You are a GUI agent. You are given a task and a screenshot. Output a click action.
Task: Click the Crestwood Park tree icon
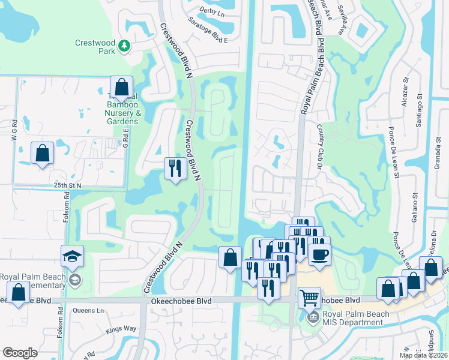pos(124,46)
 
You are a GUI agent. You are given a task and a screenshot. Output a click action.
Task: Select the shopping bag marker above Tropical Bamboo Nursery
pos(121,88)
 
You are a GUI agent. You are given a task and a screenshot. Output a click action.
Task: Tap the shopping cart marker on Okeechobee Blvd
pos(309,297)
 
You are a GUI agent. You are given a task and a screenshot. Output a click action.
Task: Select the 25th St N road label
pos(67,186)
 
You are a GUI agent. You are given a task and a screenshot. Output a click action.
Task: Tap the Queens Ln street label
pos(88,311)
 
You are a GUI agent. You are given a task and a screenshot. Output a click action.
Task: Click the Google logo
pos(20,353)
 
